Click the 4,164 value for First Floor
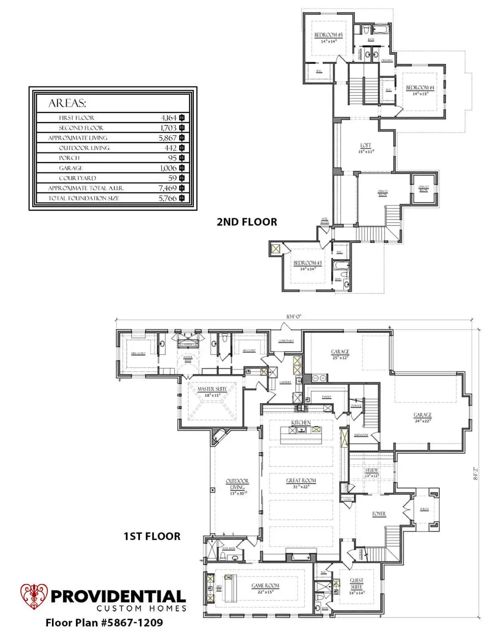pyautogui.click(x=169, y=118)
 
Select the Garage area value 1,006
pyautogui.click(x=168, y=168)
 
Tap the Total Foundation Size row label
pyautogui.click(x=84, y=198)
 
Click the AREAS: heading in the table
pyautogui.click(x=67, y=103)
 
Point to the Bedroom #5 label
pyautogui.click(x=328, y=35)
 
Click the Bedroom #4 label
pyautogui.click(x=420, y=88)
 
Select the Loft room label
pyautogui.click(x=366, y=145)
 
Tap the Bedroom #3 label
pyautogui.click(x=307, y=263)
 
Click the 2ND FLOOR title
pyautogui.click(x=247, y=222)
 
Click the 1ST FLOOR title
pyautogui.click(x=152, y=536)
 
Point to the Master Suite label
pyautogui.click(x=212, y=389)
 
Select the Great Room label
pyautogui.click(x=301, y=480)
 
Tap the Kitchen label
pyautogui.click(x=301, y=422)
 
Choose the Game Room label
pyautogui.click(x=265, y=586)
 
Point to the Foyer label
pyautogui.click(x=378, y=514)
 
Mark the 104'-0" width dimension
pyautogui.click(x=294, y=316)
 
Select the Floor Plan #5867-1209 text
pyautogui.click(x=104, y=623)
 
